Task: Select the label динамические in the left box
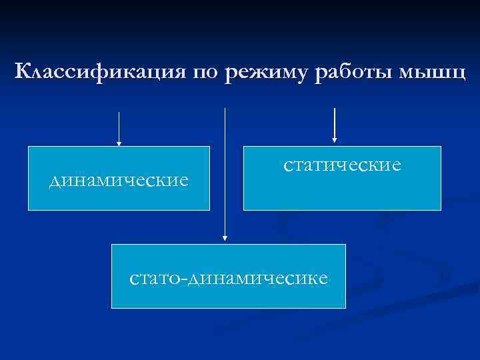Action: tap(119, 180)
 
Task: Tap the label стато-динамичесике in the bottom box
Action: tap(229, 277)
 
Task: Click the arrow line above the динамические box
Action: tap(119, 127)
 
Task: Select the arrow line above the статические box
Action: tap(334, 123)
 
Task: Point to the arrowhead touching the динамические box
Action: tap(119, 143)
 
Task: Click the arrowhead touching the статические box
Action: tap(334, 140)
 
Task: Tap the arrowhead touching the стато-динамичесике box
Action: tap(225, 237)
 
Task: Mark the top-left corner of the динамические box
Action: tap(29, 147)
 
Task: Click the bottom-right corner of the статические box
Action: tap(441, 209)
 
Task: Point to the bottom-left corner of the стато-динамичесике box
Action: tap(111, 307)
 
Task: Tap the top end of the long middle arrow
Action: tap(225, 109)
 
